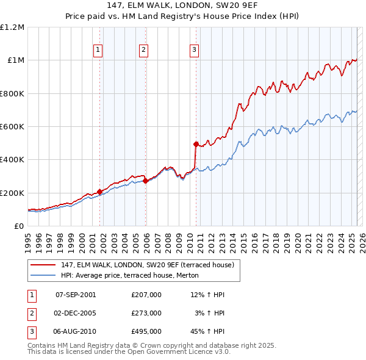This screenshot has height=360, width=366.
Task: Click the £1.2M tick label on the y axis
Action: coord(12,27)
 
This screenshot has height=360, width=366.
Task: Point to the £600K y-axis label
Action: coord(12,126)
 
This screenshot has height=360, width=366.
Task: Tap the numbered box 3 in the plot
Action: coord(195,51)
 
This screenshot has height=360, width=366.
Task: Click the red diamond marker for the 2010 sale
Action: coord(196,145)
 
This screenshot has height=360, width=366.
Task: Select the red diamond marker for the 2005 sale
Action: coord(146,181)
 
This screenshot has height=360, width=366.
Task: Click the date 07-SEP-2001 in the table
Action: coord(76,295)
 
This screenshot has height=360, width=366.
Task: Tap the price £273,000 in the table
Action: coord(146,313)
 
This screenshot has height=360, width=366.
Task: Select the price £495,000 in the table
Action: coord(146,331)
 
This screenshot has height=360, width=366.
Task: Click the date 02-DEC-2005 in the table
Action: coord(76,313)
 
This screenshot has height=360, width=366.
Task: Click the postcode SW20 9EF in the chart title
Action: coord(239,5)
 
